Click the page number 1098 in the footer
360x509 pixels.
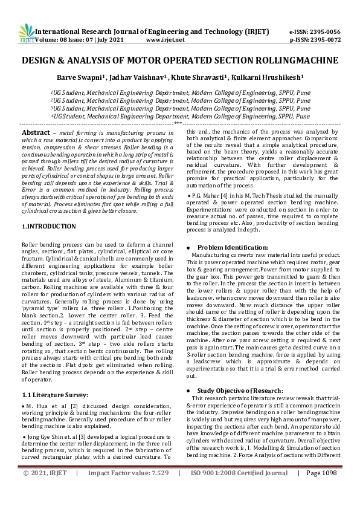click(329, 490)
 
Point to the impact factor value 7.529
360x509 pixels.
click(154, 490)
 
